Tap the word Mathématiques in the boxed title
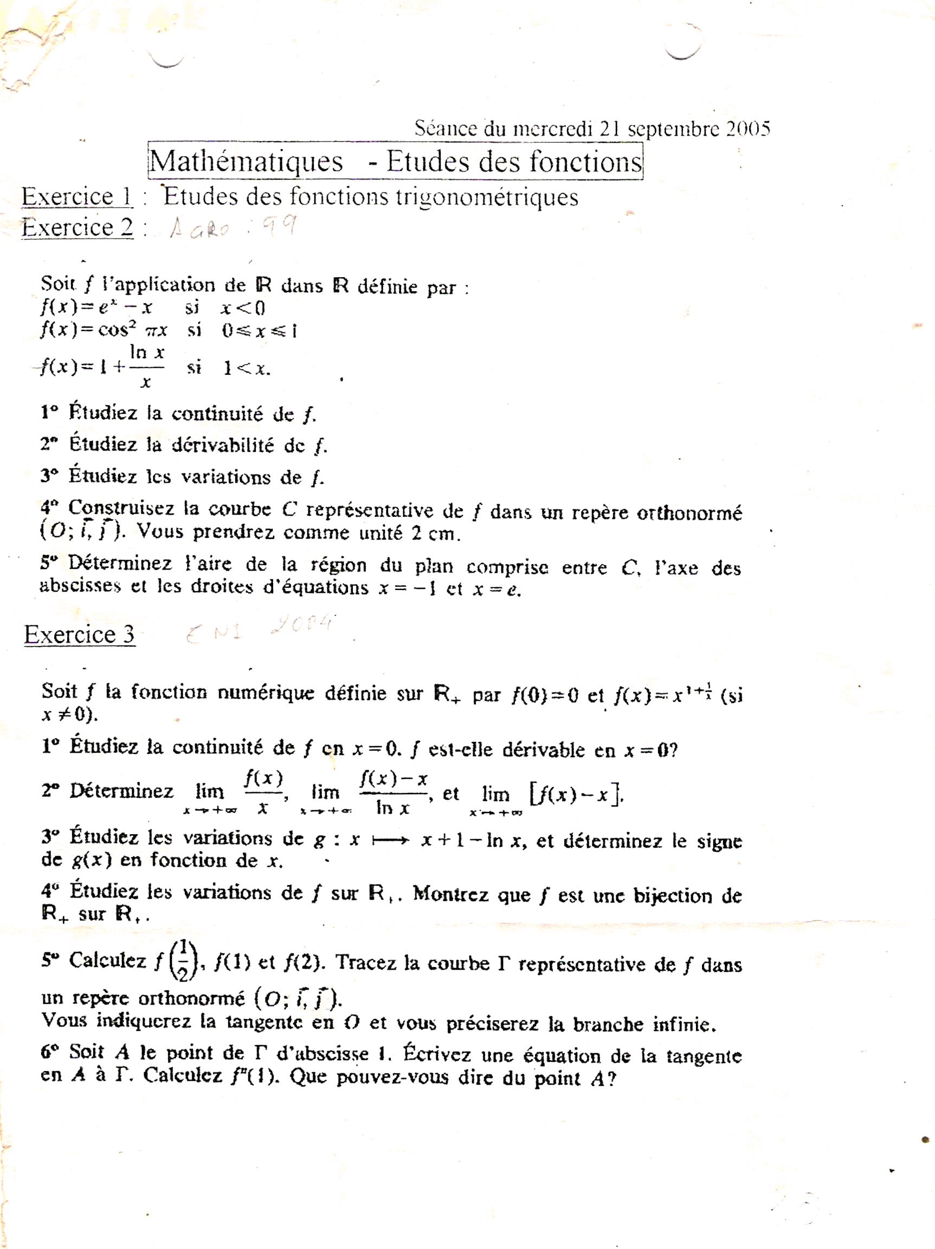tap(247, 162)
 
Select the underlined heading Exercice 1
tap(78, 196)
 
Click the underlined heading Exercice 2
tap(78, 228)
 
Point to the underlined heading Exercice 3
tap(80, 635)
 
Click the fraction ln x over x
tap(147, 368)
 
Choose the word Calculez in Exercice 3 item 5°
tap(107, 960)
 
